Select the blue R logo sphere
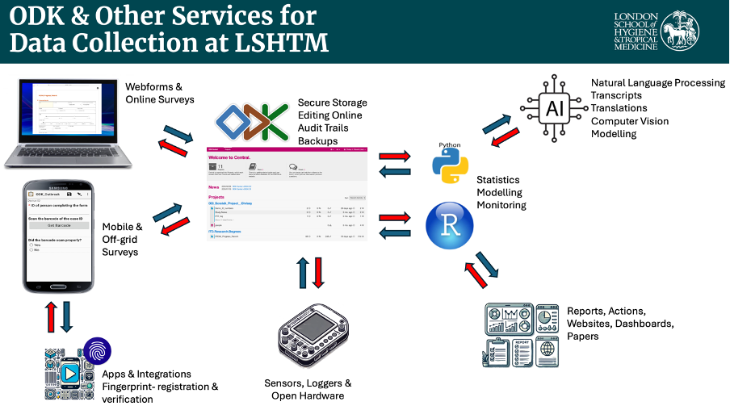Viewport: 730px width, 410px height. click(449, 225)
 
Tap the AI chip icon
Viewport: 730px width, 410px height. click(554, 108)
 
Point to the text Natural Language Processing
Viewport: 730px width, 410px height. click(657, 83)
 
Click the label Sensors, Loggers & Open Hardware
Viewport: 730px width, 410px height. click(308, 389)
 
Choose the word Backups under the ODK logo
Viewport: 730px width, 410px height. click(319, 141)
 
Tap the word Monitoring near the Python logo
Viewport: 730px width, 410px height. click(501, 205)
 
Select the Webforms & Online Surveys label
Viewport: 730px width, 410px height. click(160, 93)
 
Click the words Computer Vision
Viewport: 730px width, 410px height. click(630, 121)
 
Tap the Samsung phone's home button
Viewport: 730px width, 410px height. click(59, 287)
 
